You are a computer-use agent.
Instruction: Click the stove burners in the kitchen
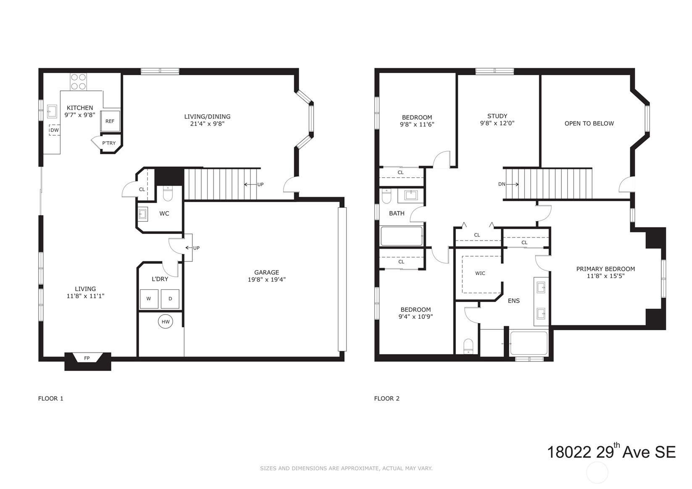(x=78, y=81)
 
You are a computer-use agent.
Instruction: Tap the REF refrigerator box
(x=110, y=121)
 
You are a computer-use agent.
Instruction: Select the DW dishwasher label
(x=55, y=130)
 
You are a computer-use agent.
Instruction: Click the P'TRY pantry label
(x=109, y=143)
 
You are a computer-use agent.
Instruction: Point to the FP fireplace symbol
(x=87, y=358)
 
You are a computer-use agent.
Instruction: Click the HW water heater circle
(x=166, y=322)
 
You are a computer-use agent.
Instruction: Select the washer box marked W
(x=149, y=299)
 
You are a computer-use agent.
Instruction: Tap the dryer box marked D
(x=170, y=299)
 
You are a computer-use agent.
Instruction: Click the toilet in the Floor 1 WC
(x=168, y=194)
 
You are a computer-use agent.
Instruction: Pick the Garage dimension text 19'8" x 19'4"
(x=266, y=279)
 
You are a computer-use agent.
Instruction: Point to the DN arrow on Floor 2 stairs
(x=508, y=184)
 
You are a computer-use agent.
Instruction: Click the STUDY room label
(x=497, y=116)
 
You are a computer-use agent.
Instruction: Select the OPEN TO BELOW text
(x=589, y=124)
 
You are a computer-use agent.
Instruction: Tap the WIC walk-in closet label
(x=480, y=273)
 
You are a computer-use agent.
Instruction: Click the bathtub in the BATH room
(x=401, y=236)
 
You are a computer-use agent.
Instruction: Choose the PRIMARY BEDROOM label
(x=605, y=269)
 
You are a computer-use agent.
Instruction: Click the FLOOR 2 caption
(x=387, y=398)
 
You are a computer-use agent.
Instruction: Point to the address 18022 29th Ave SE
(x=610, y=452)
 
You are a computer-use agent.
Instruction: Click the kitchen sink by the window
(x=52, y=111)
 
